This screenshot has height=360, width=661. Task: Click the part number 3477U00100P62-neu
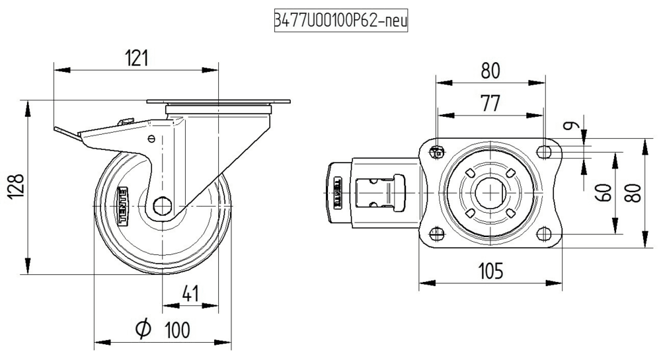click(340, 21)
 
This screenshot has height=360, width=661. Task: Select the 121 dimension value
click(136, 58)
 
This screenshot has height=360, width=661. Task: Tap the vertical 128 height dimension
click(17, 188)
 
